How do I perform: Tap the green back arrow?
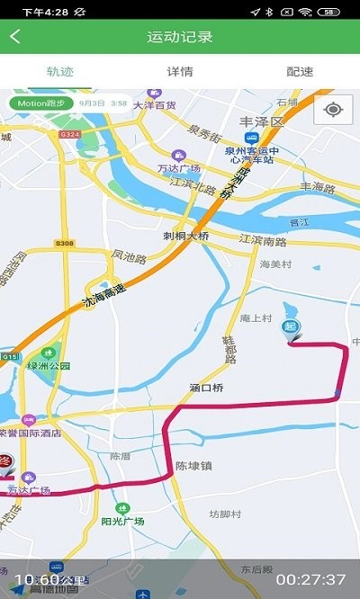coord(15,37)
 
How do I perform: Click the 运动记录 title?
coord(180,37)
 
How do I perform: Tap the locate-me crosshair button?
coord(334,110)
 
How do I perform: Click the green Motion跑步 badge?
coord(40,103)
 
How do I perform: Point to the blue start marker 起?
coord(292,329)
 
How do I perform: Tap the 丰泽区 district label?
coord(261,121)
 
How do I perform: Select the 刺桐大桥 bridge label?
coord(186,237)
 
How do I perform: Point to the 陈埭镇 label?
coord(193,466)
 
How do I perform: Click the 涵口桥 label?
coord(206,389)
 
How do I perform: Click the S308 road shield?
coord(63,243)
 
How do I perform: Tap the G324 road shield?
coord(69,134)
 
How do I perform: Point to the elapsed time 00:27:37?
coord(310,579)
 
